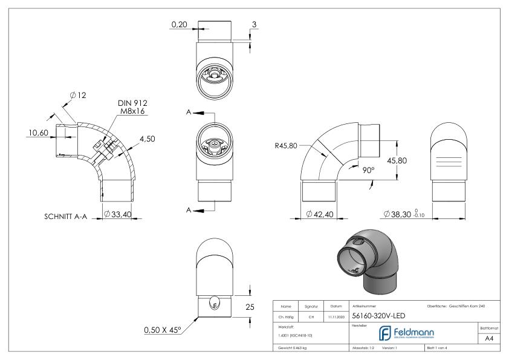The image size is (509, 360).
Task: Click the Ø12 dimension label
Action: [x=79, y=95]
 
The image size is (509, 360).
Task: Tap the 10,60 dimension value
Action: [x=36, y=133]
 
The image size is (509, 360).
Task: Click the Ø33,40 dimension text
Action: [x=118, y=215]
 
